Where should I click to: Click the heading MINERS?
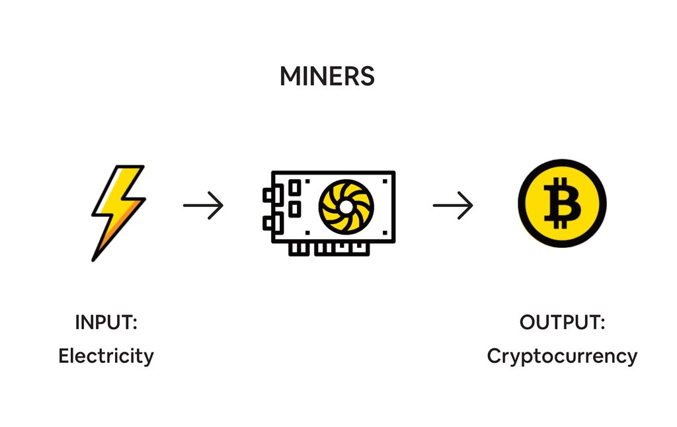coord(327,77)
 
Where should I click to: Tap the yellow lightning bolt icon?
coord(118,210)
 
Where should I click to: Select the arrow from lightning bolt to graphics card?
coord(203,206)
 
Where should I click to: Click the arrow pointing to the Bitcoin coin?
coord(453,206)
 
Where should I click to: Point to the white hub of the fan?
coord(346,206)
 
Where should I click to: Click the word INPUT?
coord(106,323)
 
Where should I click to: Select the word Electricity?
coord(106,356)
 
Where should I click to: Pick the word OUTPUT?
coord(562,323)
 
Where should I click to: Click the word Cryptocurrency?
coord(562,356)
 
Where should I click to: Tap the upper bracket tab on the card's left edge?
coord(268,195)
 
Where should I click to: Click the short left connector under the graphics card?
coord(298,247)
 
